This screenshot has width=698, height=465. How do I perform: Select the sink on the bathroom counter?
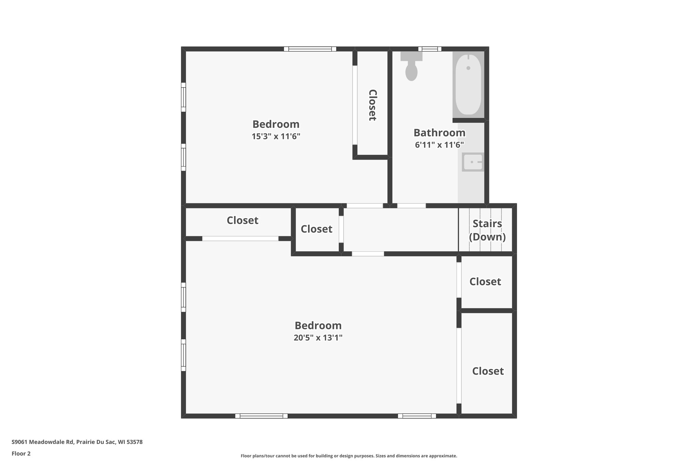tap(473, 162)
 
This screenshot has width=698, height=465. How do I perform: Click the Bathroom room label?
tap(439, 133)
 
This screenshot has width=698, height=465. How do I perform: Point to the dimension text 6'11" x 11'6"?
tap(439, 145)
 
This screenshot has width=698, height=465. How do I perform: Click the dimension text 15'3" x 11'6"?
tap(276, 137)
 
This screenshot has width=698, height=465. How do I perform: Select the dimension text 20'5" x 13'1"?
tap(318, 338)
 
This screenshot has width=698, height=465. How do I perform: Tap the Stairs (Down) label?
tap(487, 230)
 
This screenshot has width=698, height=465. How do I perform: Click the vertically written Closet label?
tap(373, 105)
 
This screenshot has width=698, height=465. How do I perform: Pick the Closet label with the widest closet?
tap(242, 220)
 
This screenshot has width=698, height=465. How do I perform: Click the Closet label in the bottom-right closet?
tap(488, 371)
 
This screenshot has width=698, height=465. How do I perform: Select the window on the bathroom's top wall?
tap(430, 49)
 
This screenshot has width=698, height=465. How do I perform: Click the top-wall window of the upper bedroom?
tap(310, 49)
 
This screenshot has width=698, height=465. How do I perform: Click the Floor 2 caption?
tap(21, 453)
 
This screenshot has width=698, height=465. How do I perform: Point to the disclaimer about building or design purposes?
tap(349, 456)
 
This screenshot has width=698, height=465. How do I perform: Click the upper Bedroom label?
tap(276, 124)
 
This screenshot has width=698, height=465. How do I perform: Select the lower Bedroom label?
tap(318, 326)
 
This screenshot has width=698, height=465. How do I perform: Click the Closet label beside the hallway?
tap(316, 229)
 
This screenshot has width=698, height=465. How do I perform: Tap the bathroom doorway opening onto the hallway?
tap(411, 206)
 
